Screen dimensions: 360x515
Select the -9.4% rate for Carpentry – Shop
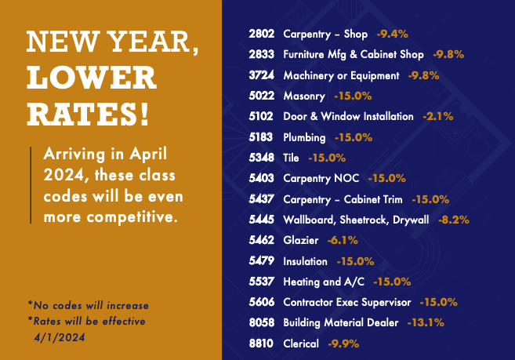391,35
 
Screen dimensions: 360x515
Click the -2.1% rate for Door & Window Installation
437,117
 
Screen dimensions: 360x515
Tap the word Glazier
299,240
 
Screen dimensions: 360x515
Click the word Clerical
301,344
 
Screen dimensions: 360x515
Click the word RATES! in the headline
87,115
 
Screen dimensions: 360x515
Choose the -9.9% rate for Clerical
344,344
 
